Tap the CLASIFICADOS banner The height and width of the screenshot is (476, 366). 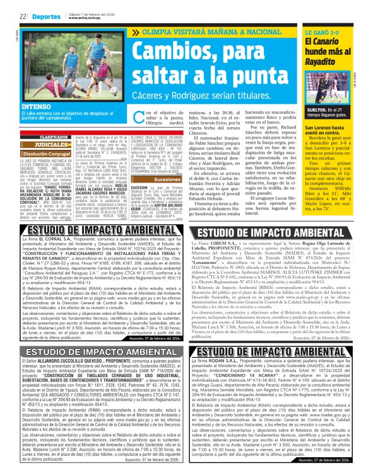tap(56, 137)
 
